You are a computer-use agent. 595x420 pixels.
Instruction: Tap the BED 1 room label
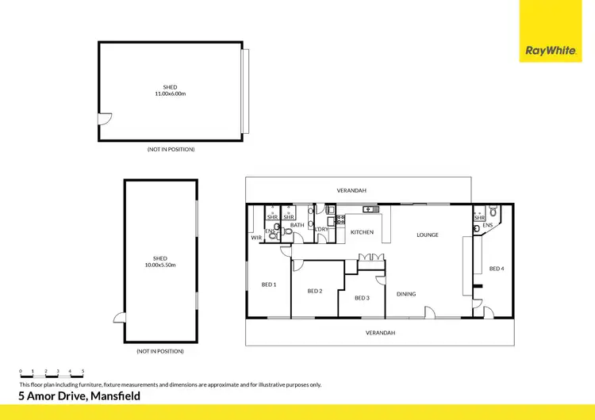(269, 284)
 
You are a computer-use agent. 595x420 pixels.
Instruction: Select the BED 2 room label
(314, 291)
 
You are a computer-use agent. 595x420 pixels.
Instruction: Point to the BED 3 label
(362, 298)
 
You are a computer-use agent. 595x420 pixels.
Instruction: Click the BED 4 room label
(497, 269)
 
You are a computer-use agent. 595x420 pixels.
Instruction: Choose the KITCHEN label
(362, 232)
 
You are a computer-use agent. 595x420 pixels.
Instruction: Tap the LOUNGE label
(427, 235)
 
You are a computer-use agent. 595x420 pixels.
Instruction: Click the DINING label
(406, 294)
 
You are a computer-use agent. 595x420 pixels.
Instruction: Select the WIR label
(256, 238)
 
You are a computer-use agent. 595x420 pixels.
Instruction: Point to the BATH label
(297, 225)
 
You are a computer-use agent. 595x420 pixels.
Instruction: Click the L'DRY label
(322, 229)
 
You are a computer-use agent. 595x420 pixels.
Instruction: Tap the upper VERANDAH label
(351, 190)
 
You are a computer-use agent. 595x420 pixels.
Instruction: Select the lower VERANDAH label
(380, 333)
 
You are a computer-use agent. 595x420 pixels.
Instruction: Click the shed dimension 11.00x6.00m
(171, 94)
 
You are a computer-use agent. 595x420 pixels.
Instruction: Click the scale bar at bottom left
(52, 375)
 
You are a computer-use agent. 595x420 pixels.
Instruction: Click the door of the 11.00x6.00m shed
(104, 120)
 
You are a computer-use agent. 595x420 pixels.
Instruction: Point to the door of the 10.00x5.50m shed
(120, 317)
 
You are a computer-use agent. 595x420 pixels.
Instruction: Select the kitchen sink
(369, 209)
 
